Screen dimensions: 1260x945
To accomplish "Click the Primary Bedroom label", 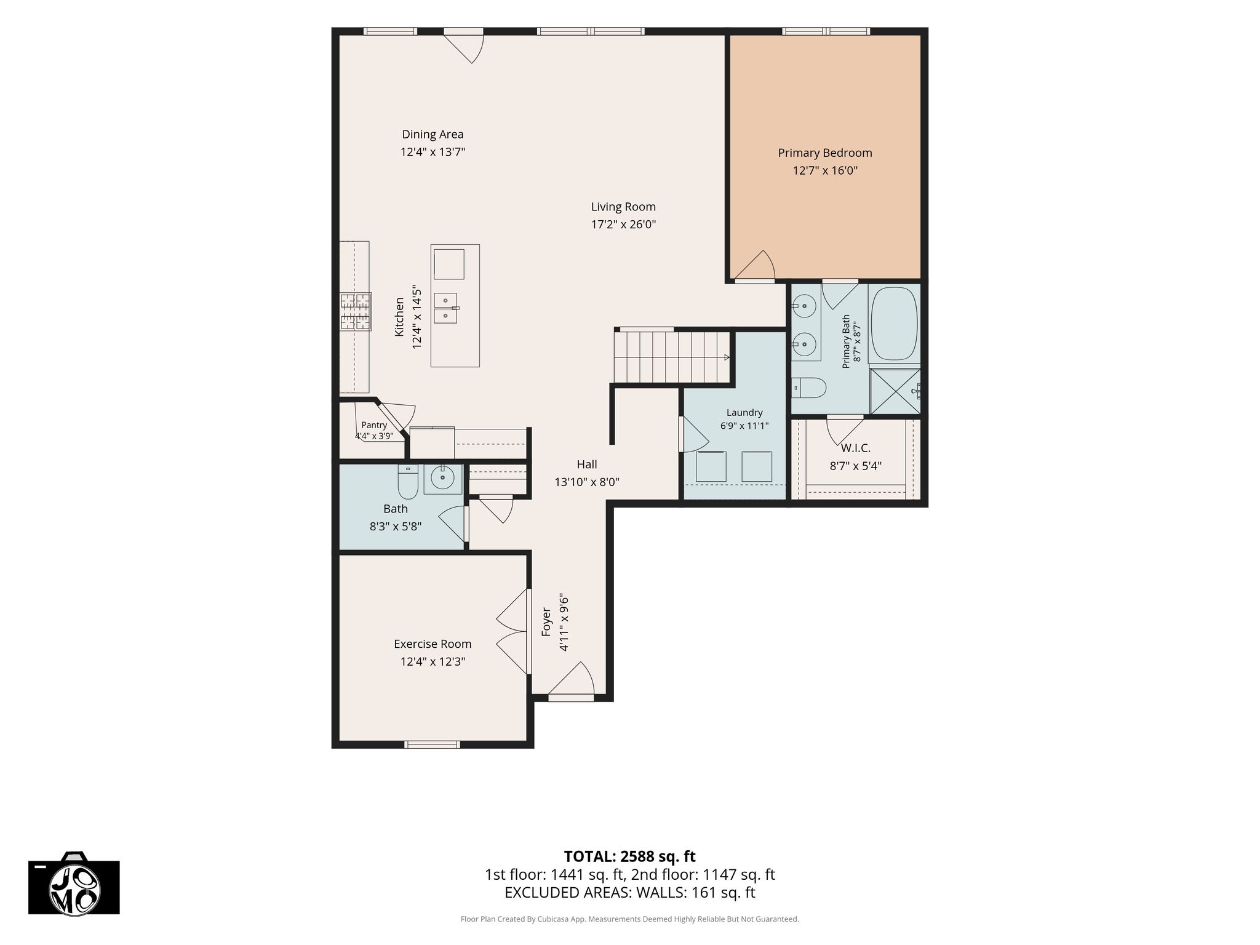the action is [x=825, y=153].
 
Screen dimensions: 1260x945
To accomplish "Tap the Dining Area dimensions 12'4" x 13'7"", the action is [x=433, y=152].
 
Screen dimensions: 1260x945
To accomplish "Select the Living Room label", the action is [x=623, y=207].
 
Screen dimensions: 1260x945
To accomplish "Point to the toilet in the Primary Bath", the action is [x=809, y=388].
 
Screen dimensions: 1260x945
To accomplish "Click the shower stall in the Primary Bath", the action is [x=895, y=391].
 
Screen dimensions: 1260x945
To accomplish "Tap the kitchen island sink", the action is [x=445, y=308].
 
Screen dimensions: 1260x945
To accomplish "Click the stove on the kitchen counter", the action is [x=356, y=311].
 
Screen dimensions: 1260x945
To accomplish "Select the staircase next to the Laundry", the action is [x=672, y=357].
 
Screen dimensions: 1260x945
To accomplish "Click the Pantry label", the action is [x=374, y=425].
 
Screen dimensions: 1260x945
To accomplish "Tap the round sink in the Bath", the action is [x=442, y=476].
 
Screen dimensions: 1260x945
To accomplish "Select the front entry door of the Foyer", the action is [x=572, y=680].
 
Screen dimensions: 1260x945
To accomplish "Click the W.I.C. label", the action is [x=856, y=449].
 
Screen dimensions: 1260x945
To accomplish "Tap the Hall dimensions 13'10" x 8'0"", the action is [x=587, y=482].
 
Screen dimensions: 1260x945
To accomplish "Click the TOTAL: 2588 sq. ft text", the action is [x=629, y=856].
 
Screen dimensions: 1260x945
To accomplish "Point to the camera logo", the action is [x=74, y=883].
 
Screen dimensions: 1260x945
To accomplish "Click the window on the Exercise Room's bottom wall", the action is [x=432, y=744].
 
